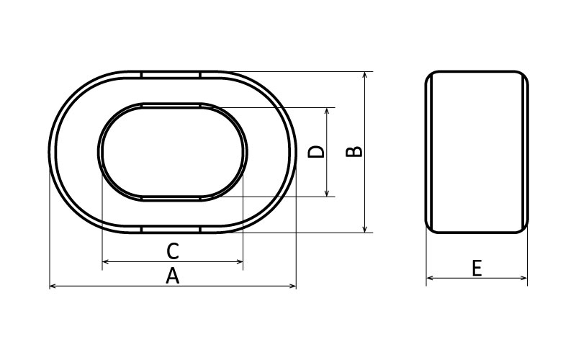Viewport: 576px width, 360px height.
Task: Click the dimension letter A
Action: click(x=172, y=276)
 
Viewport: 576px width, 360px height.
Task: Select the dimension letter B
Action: click(x=354, y=152)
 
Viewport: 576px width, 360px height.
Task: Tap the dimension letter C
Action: click(x=173, y=251)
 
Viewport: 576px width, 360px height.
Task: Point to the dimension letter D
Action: click(x=316, y=152)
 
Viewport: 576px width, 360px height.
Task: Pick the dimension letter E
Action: click(x=477, y=268)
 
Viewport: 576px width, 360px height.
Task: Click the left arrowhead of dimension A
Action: click(x=53, y=286)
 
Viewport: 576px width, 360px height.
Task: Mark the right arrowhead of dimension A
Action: click(x=293, y=286)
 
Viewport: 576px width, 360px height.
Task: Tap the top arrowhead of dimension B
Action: click(x=365, y=75)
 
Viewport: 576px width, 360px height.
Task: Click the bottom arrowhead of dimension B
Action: click(x=365, y=229)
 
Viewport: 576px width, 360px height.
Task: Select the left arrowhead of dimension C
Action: click(x=105, y=261)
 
